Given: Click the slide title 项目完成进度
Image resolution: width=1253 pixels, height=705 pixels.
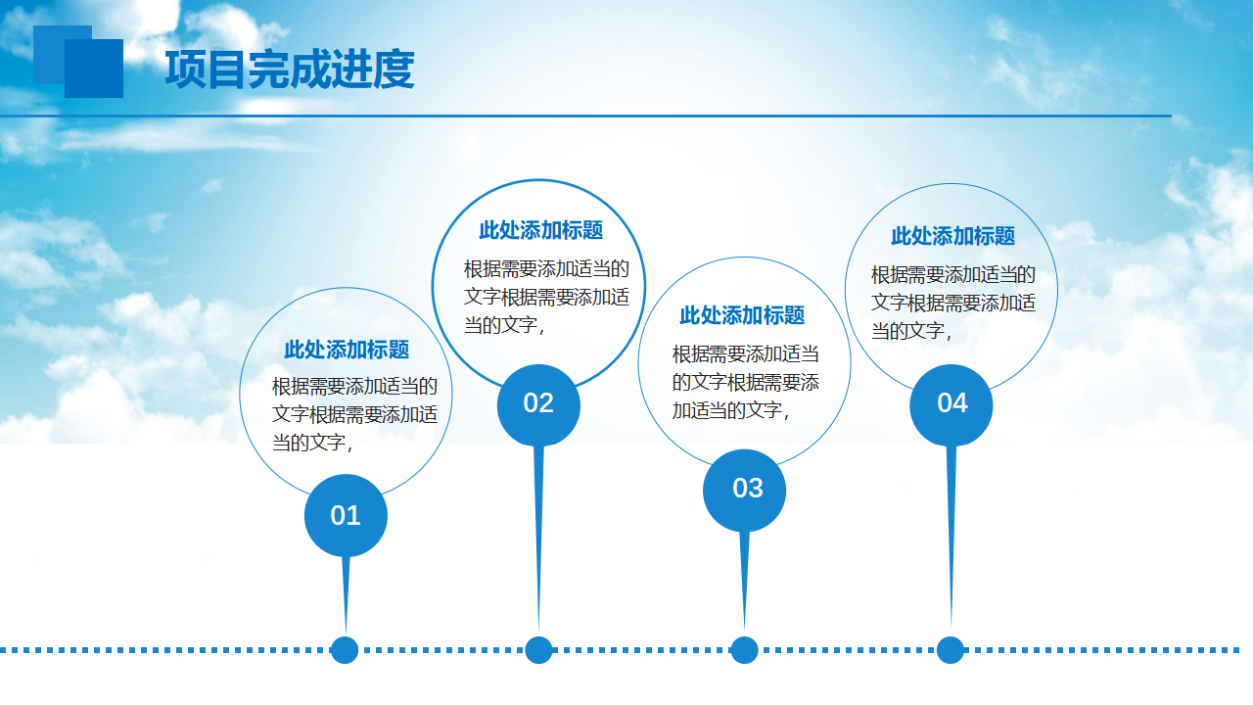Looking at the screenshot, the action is (x=290, y=70).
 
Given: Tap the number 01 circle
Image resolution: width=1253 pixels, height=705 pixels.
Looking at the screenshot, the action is (x=346, y=515).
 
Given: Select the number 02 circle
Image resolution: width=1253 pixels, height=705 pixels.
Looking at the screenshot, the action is (x=538, y=405).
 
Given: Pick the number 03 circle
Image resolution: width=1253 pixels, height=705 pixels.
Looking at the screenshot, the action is (x=745, y=491).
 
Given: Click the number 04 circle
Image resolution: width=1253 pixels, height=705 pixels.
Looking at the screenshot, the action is (x=951, y=405).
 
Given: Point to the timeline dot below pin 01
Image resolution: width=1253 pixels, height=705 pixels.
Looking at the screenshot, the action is (x=345, y=650).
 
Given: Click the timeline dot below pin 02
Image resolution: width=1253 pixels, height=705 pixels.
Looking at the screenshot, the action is (x=538, y=650).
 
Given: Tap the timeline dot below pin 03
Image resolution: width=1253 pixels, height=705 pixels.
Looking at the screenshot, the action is (x=745, y=650).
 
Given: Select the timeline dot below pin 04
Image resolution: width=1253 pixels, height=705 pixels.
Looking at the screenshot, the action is (x=951, y=650).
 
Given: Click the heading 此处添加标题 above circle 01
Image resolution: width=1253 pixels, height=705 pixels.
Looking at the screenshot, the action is (x=347, y=350).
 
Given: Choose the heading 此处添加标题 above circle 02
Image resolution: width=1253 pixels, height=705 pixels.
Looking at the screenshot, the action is (x=541, y=230).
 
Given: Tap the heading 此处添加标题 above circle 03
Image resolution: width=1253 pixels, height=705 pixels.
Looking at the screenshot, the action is (x=742, y=315).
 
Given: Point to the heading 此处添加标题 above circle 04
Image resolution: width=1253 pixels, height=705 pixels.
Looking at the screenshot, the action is (x=953, y=236).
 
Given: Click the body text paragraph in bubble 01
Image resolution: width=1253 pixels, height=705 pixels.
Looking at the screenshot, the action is (x=354, y=414).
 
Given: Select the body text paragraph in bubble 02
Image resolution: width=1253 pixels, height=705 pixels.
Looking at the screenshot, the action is (x=546, y=297).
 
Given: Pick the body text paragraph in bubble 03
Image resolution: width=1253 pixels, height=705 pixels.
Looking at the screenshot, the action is (x=746, y=383).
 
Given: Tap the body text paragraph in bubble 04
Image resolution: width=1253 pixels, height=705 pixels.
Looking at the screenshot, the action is (x=953, y=304).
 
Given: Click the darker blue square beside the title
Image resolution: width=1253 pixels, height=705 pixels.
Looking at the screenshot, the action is (x=94, y=69).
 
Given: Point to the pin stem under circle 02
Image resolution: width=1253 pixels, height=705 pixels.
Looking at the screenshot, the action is (x=538, y=539).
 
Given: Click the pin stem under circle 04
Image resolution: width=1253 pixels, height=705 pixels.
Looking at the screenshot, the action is (x=951, y=538).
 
